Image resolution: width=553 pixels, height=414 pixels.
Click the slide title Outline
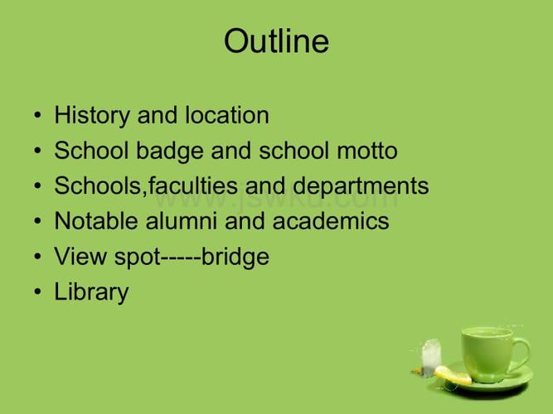pyautogui.click(x=277, y=41)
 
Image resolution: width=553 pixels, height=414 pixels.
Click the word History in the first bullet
pyautogui.click(x=92, y=116)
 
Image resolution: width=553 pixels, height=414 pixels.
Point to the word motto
pyautogui.click(x=367, y=151)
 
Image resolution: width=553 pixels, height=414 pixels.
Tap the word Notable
pyautogui.click(x=96, y=220)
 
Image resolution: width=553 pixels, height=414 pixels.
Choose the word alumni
pyautogui.click(x=182, y=220)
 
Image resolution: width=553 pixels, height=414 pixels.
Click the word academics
pyautogui.click(x=331, y=220)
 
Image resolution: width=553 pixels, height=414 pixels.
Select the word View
pyautogui.click(x=80, y=256)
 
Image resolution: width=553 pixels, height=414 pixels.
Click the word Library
pyautogui.click(x=91, y=292)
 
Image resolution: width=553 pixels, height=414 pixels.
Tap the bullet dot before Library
pyautogui.click(x=38, y=291)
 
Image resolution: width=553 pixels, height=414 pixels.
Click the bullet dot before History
pyautogui.click(x=38, y=115)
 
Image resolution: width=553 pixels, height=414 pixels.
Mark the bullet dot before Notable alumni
pyautogui.click(x=38, y=221)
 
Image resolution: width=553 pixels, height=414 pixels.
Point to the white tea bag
pyautogui.click(x=431, y=357)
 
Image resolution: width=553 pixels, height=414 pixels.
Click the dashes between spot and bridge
pyautogui.click(x=181, y=258)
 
